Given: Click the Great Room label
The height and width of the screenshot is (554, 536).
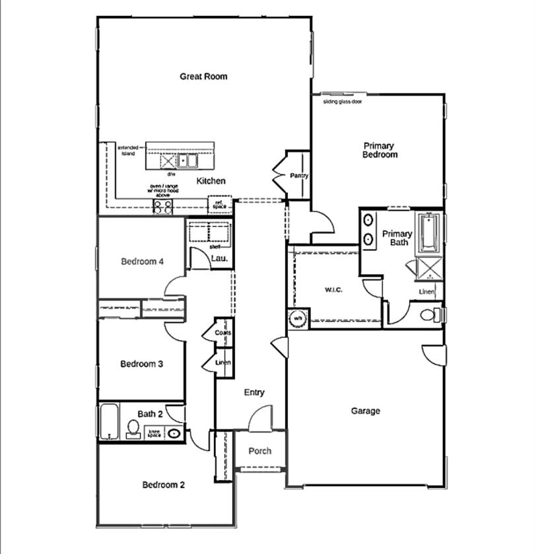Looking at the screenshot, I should [x=203, y=77].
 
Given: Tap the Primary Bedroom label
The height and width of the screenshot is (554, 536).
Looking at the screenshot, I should [x=380, y=150].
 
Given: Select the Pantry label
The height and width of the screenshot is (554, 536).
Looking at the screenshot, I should [x=299, y=176].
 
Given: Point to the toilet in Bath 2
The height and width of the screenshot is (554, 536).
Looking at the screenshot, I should [x=132, y=431].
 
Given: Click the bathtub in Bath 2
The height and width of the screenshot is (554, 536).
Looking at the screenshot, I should [x=108, y=422].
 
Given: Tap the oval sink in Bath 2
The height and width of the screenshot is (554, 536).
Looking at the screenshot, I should [x=174, y=434].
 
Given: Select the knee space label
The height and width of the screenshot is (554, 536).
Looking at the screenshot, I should [x=154, y=434].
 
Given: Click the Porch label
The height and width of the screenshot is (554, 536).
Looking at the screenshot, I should [x=260, y=452].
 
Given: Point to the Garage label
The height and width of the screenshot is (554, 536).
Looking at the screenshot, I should [x=365, y=411].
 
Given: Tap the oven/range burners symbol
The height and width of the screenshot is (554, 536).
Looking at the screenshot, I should [x=163, y=207].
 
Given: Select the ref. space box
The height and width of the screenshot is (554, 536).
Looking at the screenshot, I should [x=219, y=205].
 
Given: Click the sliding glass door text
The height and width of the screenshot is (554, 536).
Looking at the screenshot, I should [x=342, y=102].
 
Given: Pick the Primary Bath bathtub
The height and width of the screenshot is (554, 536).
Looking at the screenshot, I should [x=428, y=232].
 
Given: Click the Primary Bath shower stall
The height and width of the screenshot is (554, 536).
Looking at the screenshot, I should [x=428, y=269].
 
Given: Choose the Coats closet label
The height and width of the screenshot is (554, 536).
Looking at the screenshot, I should [x=223, y=333].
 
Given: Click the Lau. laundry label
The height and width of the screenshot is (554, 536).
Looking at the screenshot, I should [x=218, y=259].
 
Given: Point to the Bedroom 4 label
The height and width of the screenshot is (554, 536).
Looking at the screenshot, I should [x=143, y=261].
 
